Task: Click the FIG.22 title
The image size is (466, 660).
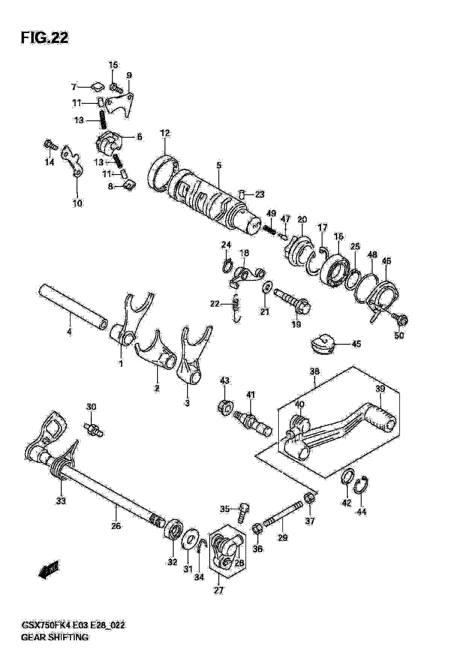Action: [x=45, y=38]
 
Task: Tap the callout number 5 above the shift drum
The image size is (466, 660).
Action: [x=219, y=165]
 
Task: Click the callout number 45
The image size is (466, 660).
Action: [x=356, y=344]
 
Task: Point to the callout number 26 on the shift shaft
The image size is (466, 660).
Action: [x=116, y=526]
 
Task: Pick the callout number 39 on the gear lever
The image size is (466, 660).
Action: [x=380, y=389]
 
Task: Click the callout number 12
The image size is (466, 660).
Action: [x=165, y=133]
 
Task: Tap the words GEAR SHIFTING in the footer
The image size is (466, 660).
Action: [x=55, y=645]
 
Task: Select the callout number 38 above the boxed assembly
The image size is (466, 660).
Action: [x=315, y=371]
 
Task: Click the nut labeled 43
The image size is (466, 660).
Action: [x=225, y=407]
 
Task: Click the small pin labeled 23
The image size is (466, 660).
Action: [x=242, y=195]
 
